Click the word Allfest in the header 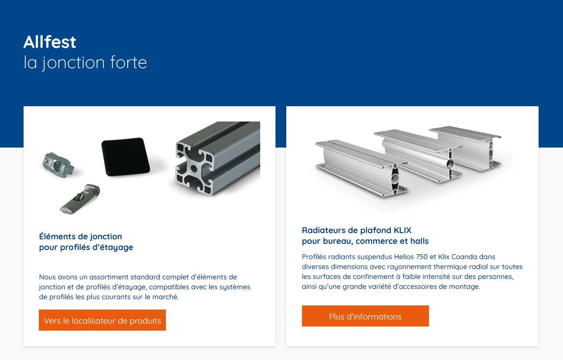click(x=50, y=42)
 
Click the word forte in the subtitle click(x=128, y=62)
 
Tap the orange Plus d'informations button click(x=365, y=316)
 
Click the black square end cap click(x=126, y=157)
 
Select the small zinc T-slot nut click(x=58, y=165)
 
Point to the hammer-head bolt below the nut click(x=80, y=198)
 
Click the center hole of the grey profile click(x=194, y=168)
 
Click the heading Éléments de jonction click(x=80, y=236)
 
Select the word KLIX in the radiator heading click(x=402, y=230)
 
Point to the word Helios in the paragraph click(x=404, y=257)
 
